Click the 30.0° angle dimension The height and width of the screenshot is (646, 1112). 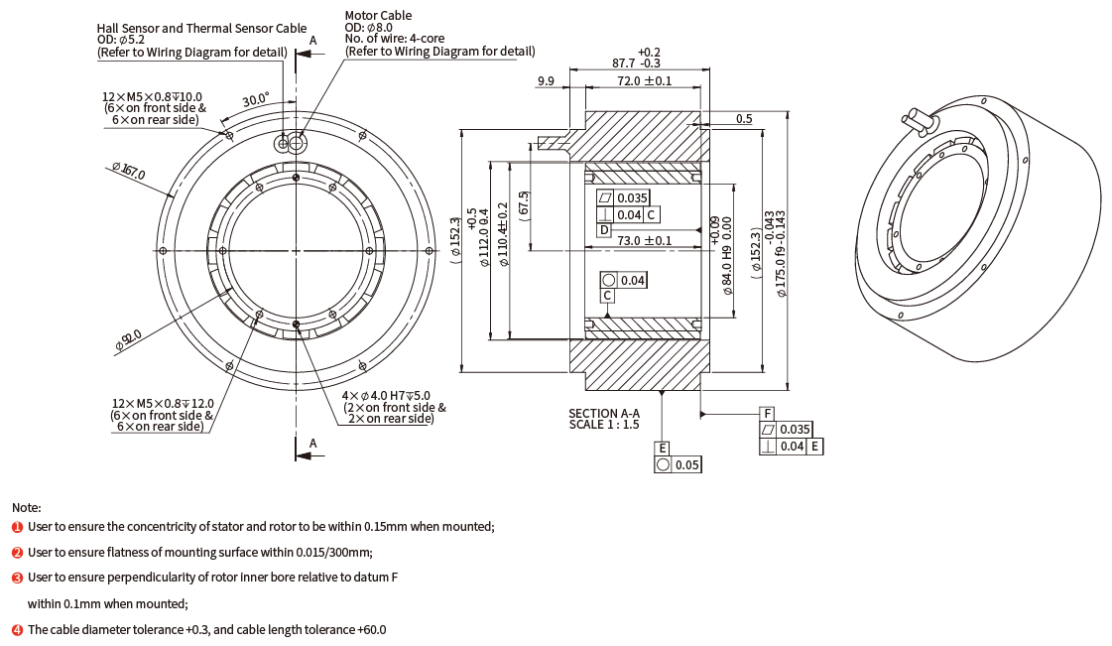coord(255,100)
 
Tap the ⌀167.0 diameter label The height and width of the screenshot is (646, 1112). coord(130,171)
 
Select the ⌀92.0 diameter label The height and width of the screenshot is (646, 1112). coord(128,339)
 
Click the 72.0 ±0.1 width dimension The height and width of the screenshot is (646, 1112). coord(644,80)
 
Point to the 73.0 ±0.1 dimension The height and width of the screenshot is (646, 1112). coord(644,240)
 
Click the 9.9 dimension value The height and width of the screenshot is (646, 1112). coord(546,80)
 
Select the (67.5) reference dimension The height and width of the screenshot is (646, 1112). coord(524,208)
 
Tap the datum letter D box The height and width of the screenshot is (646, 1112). coord(604,230)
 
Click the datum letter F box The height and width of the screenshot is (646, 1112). coord(767,413)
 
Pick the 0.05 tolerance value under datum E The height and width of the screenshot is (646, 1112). coord(687,464)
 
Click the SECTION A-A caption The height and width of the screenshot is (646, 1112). coord(603,413)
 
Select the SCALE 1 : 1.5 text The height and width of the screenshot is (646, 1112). coord(603,425)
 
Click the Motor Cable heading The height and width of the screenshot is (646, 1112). coord(378,16)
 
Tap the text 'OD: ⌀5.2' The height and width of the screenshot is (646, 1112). coord(121,41)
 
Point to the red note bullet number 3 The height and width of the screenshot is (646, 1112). coord(17,578)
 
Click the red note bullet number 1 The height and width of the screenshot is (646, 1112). coord(17,527)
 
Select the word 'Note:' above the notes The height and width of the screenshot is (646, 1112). coord(27,507)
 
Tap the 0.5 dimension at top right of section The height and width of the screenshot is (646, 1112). coord(744,119)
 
